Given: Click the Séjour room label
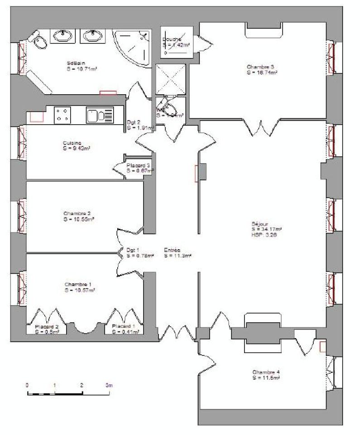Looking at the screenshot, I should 260,224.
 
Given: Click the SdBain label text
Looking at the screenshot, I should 75,63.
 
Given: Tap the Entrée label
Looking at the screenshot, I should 173,250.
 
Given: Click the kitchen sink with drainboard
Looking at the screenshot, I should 99,116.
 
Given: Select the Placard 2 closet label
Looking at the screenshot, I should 47,326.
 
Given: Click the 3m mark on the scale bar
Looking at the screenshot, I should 109,385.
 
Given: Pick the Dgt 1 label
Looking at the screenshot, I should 132,250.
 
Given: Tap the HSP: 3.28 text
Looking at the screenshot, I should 261,234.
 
